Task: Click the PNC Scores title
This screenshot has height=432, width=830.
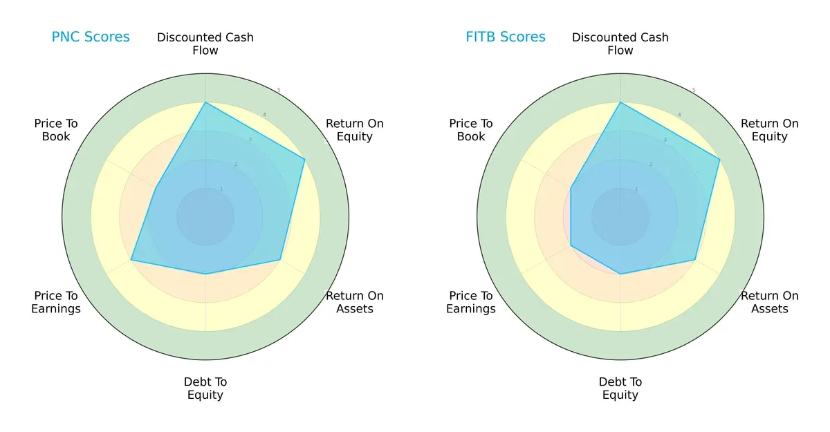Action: [91, 37]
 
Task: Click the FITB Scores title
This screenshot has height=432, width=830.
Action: [506, 37]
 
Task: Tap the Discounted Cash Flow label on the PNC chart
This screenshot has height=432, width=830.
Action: [205, 44]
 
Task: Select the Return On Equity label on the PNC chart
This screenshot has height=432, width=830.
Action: [355, 130]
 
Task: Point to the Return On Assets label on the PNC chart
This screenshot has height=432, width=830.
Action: [355, 302]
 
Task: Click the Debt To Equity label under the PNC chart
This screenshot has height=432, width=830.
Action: [205, 388]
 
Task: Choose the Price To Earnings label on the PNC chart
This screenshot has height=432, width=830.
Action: [56, 302]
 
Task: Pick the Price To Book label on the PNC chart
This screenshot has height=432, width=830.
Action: [56, 130]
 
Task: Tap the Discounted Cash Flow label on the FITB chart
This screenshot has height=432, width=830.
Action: [620, 44]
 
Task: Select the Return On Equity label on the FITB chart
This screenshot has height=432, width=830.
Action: [770, 130]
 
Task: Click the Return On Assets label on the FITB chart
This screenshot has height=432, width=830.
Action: [770, 302]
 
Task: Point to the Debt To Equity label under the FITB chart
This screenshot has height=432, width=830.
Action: [620, 388]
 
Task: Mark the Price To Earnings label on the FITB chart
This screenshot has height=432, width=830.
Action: [471, 302]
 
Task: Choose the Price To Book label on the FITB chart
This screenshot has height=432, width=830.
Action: [471, 130]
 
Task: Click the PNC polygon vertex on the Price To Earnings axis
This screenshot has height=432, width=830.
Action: [131, 260]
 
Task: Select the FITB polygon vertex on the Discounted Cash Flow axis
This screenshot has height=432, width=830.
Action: [620, 102]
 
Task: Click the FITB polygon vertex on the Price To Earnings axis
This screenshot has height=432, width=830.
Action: [571, 245]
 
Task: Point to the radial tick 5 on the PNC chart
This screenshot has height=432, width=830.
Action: [278, 90]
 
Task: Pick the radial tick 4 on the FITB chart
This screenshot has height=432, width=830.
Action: [679, 115]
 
